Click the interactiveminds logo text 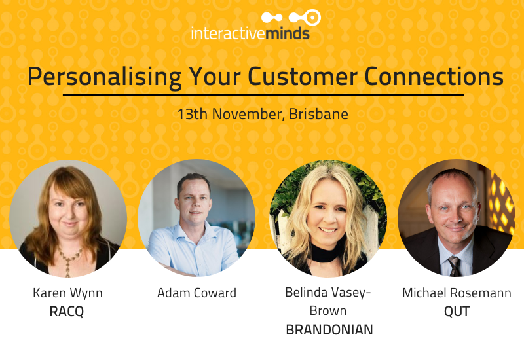250,33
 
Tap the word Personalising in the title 105,77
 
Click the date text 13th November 230,113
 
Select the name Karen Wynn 67,293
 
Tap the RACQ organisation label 67,312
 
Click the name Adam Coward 196,293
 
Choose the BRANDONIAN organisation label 329,330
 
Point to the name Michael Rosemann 457,293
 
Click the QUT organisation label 457,312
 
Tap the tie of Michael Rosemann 455,266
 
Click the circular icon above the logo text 312,18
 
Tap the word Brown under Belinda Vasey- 329,310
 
